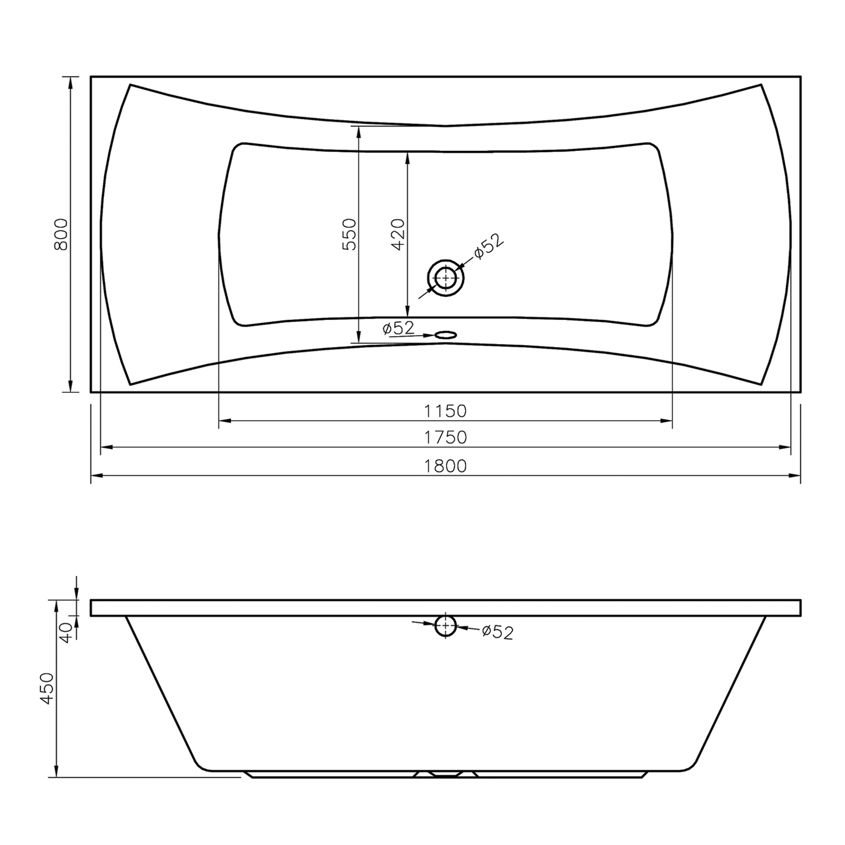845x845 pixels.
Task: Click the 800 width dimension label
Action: tap(61, 235)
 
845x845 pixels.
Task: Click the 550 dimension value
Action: tap(349, 235)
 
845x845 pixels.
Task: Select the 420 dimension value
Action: tap(398, 235)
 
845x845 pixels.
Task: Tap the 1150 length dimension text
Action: tap(445, 411)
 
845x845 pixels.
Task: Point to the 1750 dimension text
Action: tap(445, 438)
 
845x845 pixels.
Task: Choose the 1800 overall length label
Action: tap(445, 466)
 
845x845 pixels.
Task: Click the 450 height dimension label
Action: tap(47, 689)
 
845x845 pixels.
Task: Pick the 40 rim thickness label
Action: tap(66, 633)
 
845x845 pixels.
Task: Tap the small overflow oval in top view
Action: tap(445, 335)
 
